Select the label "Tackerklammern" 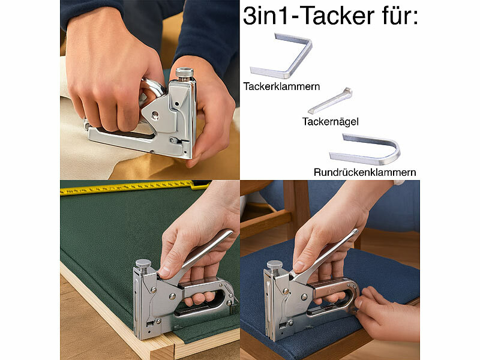pyautogui.click(x=281, y=86)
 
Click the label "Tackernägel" pyautogui.click(x=331, y=121)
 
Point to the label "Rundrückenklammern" pyautogui.click(x=365, y=172)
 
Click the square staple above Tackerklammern pyautogui.click(x=282, y=56)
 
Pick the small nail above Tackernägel pyautogui.click(x=330, y=101)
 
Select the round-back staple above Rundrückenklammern pyautogui.click(x=365, y=149)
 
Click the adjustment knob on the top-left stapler pyautogui.click(x=185, y=73)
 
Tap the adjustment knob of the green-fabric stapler pyautogui.click(x=143, y=265)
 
